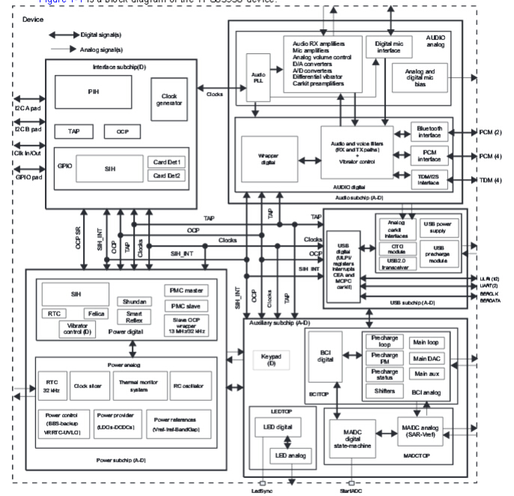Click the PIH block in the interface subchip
click(x=92, y=92)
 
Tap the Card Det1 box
click(x=168, y=163)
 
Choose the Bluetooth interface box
click(x=429, y=132)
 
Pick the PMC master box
click(x=186, y=290)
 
